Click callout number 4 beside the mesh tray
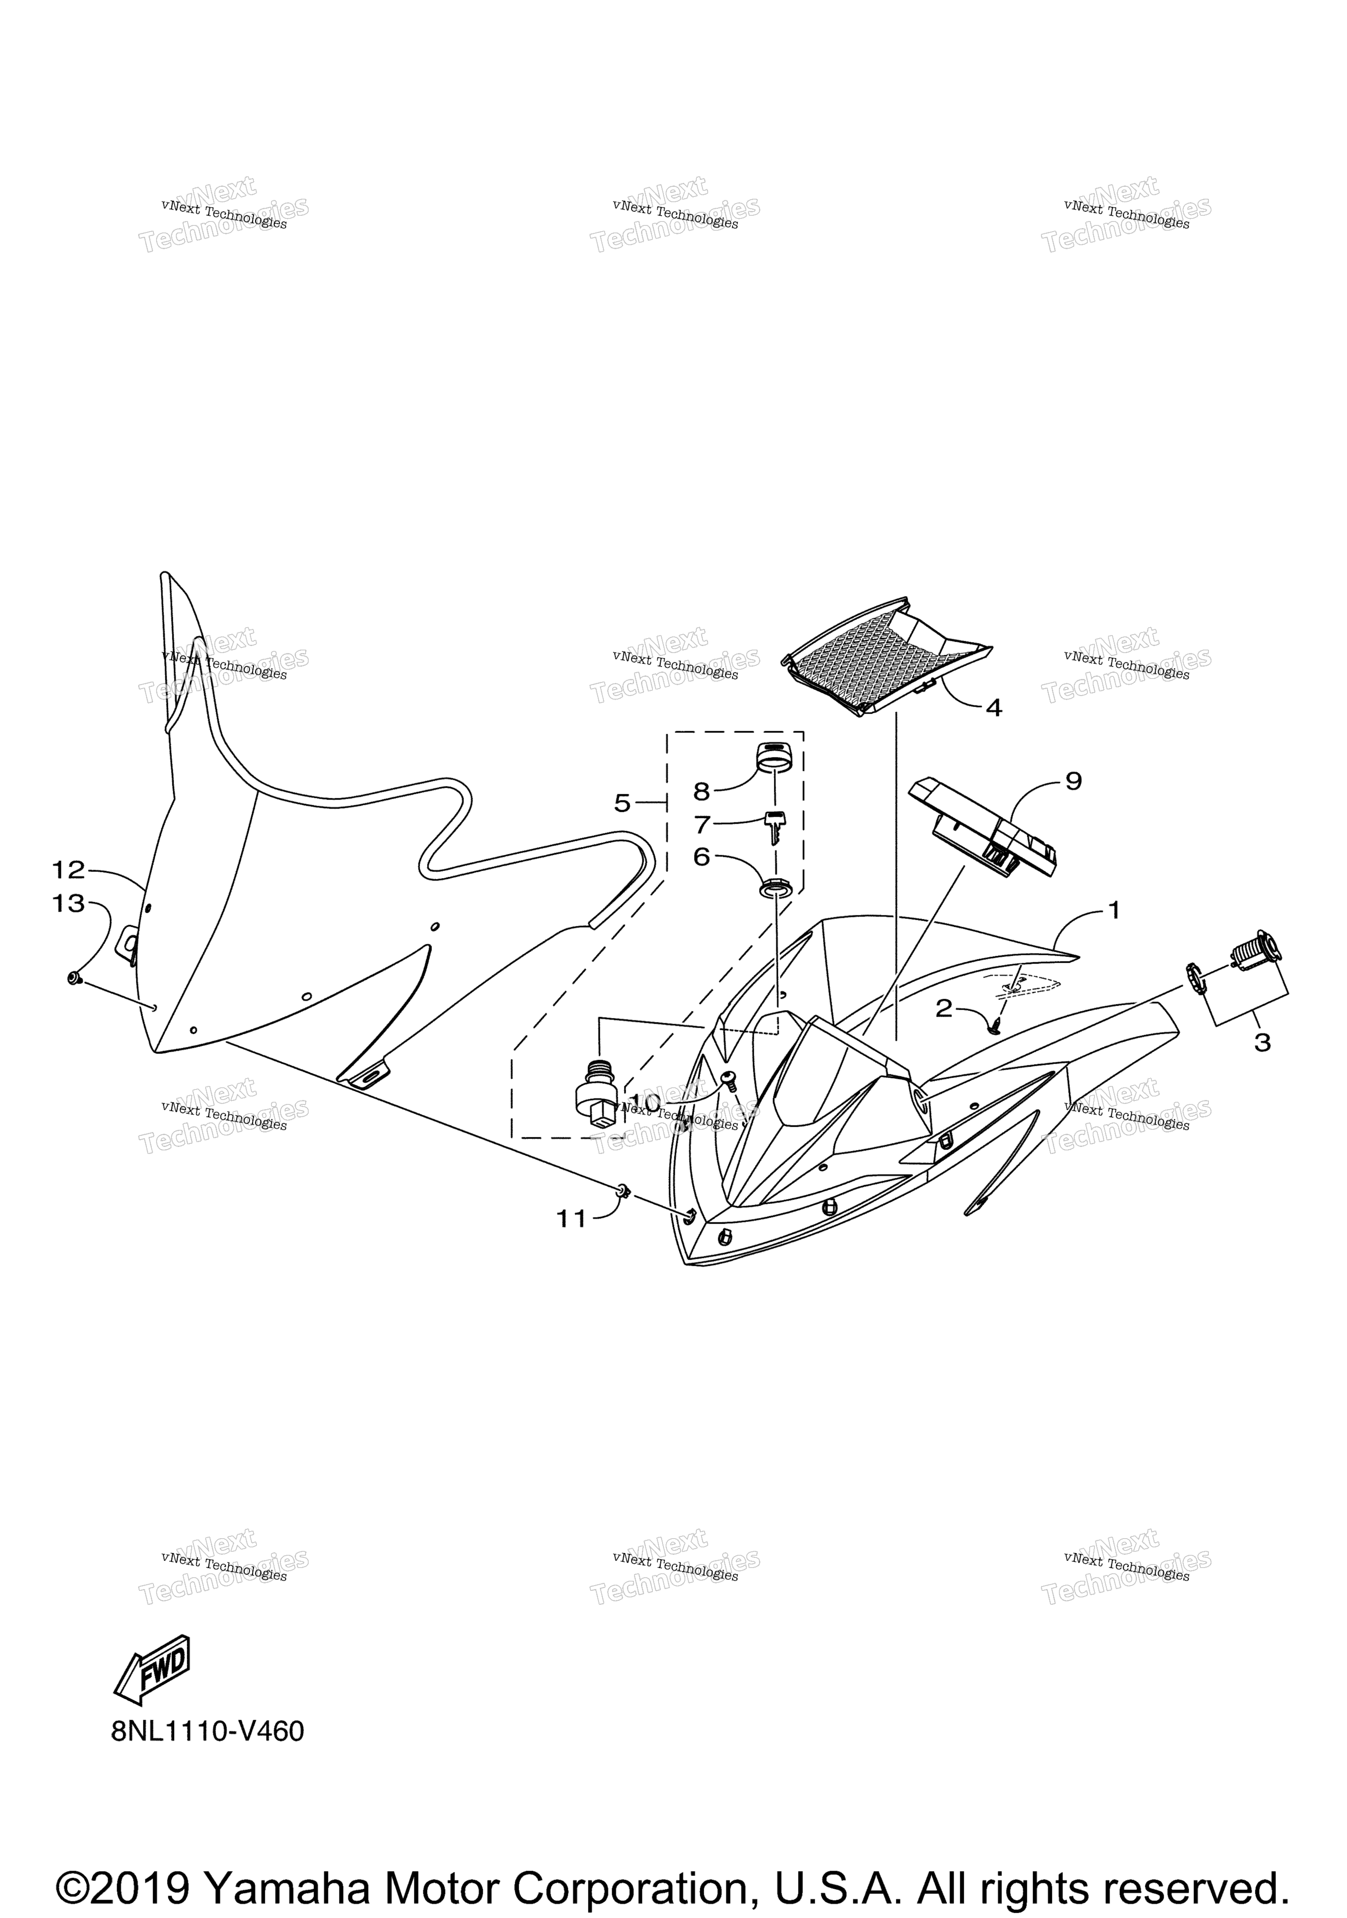993,707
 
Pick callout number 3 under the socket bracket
1262,1042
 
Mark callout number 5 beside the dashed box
622,803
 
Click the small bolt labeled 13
75,976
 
